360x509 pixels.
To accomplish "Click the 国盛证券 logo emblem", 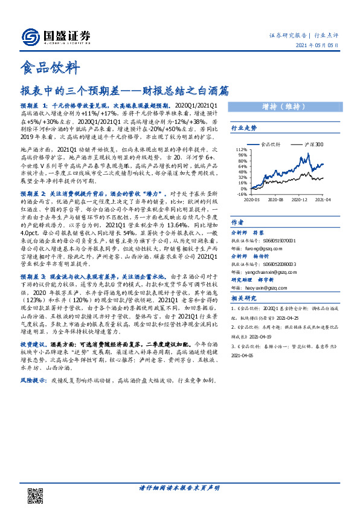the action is pos(28,36).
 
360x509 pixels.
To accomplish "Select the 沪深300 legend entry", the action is pos(313,144).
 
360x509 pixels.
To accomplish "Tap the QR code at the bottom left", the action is pos(36,495).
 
